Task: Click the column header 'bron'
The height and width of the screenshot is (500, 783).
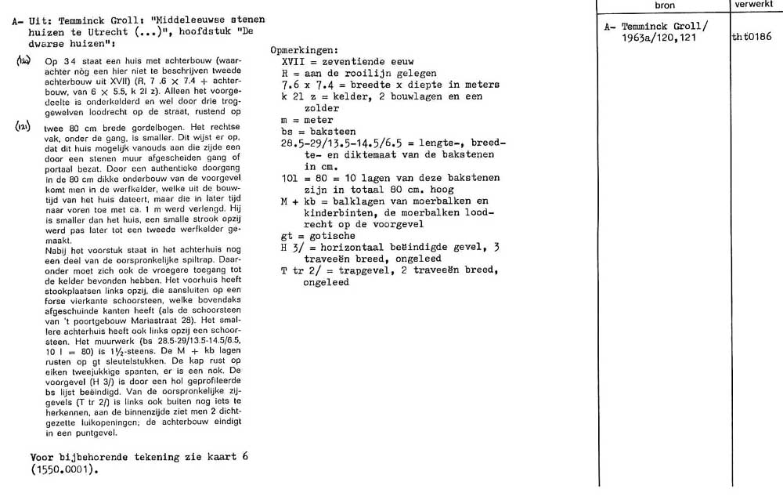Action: point(665,5)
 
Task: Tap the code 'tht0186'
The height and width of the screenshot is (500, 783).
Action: point(751,36)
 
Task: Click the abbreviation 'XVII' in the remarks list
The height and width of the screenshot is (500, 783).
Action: point(293,61)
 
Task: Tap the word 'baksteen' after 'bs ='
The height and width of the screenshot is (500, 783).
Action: point(334,132)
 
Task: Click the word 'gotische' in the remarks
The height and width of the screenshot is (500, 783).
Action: point(334,236)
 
